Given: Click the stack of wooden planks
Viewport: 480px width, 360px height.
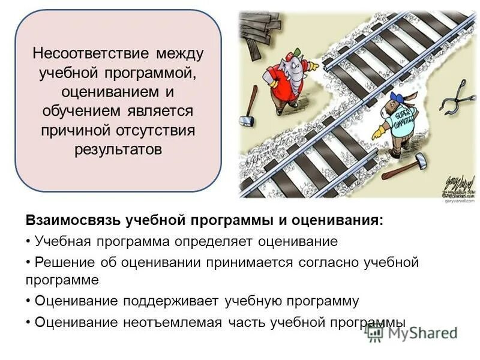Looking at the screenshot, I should click(258, 30).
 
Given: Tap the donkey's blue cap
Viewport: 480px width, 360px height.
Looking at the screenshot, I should click(397, 96).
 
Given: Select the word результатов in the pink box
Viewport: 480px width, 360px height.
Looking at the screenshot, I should click(118, 149).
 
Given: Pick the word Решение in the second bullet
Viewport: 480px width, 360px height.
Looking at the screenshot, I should click(62, 262).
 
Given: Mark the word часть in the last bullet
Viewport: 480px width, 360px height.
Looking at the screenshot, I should click(247, 322).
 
